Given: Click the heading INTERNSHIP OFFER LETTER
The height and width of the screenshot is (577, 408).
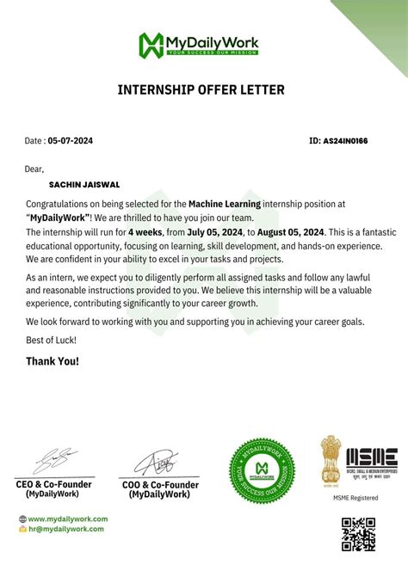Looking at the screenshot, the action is click(200, 89).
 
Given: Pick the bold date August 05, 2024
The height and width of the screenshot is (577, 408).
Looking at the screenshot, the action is click(290, 231).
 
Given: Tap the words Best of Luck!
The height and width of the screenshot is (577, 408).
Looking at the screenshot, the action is click(51, 341).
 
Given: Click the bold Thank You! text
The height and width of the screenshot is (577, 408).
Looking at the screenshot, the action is click(53, 361).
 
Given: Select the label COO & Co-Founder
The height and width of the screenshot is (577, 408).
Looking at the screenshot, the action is click(162, 485).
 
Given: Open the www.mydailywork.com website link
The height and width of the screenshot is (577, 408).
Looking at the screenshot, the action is click(68, 519).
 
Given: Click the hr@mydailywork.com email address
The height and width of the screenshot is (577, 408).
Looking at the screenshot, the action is click(66, 529).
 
